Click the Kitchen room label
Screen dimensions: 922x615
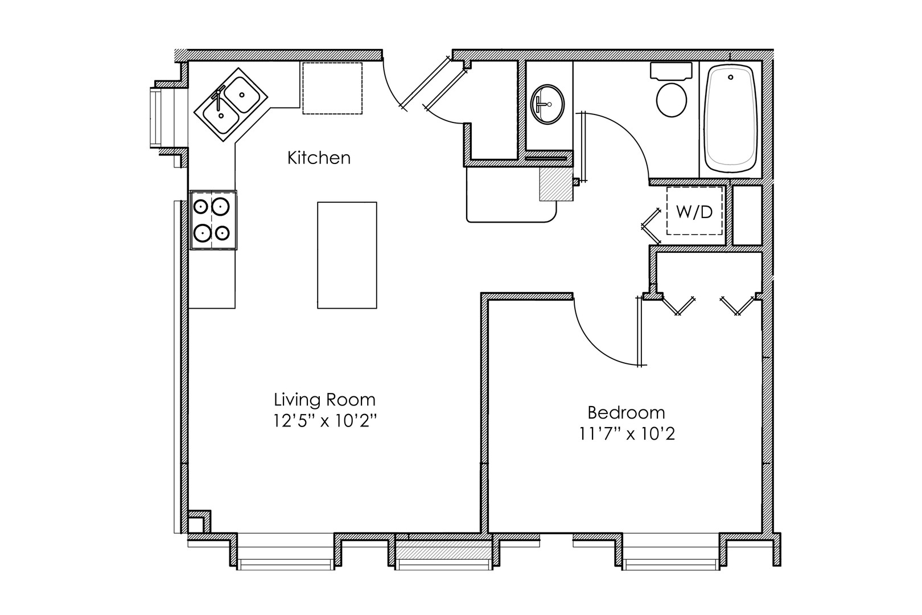319,158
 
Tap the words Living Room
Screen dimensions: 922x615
324,400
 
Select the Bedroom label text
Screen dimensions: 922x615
626,413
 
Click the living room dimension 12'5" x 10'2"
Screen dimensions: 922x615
325,421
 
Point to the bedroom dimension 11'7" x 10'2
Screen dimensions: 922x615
627,434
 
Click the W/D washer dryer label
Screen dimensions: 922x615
694,212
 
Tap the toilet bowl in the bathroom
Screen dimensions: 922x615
672,100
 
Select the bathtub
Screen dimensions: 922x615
731,118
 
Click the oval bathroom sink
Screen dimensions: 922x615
548,104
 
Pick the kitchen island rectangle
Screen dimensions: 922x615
347,255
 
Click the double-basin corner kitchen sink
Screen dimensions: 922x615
230,105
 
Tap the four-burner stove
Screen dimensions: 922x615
213,220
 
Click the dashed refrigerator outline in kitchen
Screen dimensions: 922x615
332,88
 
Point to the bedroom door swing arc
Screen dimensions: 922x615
594,345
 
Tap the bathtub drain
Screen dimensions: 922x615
731,77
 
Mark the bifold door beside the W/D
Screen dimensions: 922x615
651,226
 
